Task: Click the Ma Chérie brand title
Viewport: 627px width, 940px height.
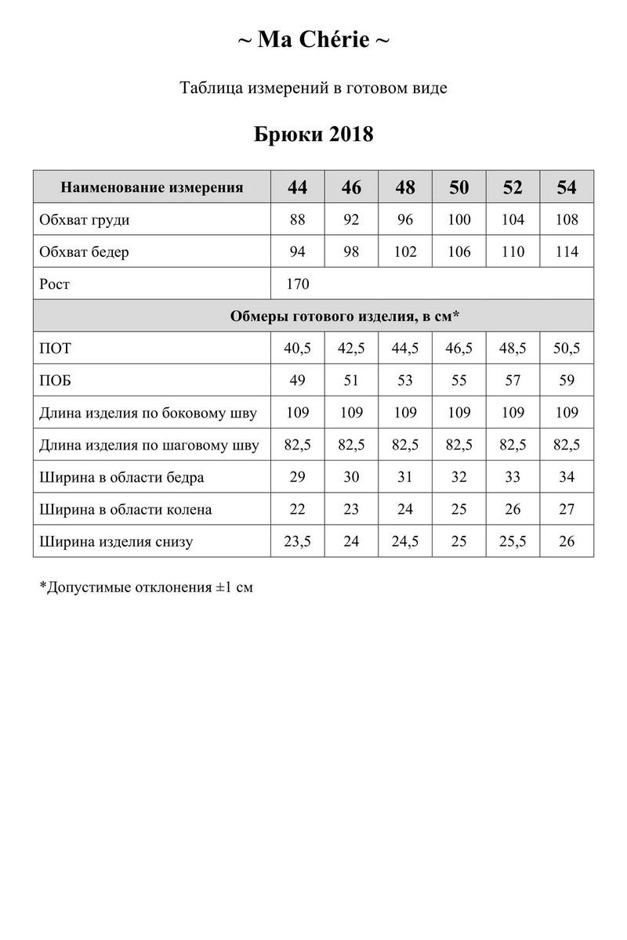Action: (313, 40)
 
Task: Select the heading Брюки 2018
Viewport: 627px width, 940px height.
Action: (313, 134)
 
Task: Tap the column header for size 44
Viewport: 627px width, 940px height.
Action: (297, 188)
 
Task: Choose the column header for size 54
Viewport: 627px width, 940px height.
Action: (566, 188)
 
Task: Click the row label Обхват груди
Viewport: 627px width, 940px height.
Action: (85, 220)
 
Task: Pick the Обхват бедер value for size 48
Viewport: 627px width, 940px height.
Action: (405, 252)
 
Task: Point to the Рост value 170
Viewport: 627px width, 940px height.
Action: (298, 284)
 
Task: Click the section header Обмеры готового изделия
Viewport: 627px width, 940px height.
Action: (345, 316)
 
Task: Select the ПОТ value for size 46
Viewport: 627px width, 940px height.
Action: (351, 349)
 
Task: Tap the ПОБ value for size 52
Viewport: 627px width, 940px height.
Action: (513, 381)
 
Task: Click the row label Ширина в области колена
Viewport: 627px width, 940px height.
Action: (125, 510)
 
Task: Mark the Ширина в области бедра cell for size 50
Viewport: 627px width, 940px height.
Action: (459, 477)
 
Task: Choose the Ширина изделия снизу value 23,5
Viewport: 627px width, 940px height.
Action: (297, 542)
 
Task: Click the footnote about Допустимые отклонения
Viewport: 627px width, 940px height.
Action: (146, 586)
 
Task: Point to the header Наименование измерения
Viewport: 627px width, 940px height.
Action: (152, 188)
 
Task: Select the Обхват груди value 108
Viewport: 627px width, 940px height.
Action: (566, 220)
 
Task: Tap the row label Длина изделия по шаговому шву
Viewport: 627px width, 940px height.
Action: (149, 446)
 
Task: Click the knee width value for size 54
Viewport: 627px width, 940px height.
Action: (566, 510)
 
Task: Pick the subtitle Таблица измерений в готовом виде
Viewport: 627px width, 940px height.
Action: (313, 88)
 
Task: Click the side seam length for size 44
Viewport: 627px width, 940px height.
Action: (297, 413)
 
